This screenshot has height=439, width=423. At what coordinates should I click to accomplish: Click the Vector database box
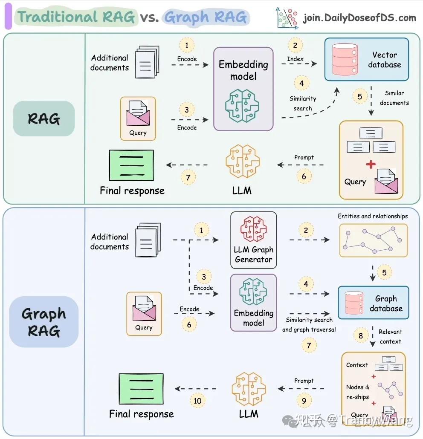(x=366, y=59)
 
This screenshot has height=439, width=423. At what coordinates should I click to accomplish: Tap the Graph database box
(x=374, y=302)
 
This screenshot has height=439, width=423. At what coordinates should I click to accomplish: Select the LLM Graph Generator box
(x=254, y=240)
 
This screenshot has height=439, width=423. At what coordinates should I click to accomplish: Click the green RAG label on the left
(x=43, y=118)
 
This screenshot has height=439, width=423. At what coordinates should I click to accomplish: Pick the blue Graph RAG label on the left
(x=43, y=322)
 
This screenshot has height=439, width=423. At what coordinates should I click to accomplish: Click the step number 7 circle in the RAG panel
(x=188, y=177)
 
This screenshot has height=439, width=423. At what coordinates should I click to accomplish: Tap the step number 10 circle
(x=197, y=401)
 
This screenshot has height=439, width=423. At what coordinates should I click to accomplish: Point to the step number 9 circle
(x=304, y=401)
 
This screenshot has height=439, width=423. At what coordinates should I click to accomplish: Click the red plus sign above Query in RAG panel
(x=371, y=164)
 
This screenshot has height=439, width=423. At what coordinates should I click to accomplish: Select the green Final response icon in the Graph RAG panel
(x=141, y=389)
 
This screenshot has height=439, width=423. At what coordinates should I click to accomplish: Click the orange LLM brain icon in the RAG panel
(x=243, y=161)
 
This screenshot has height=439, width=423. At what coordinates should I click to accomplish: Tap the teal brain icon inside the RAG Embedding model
(x=242, y=106)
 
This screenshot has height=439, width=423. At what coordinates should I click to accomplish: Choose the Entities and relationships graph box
(x=374, y=240)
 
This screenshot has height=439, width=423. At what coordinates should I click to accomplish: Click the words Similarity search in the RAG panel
(x=303, y=103)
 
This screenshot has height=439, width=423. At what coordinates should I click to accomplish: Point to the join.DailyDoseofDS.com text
(x=360, y=18)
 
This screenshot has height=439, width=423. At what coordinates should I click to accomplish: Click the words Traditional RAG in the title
(x=76, y=17)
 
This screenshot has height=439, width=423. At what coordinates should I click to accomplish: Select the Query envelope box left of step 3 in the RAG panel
(x=138, y=118)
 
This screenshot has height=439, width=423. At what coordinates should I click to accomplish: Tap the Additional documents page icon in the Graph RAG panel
(x=148, y=240)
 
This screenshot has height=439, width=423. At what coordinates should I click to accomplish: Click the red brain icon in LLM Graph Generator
(x=254, y=229)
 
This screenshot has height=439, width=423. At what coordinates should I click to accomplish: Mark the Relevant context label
(x=391, y=337)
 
